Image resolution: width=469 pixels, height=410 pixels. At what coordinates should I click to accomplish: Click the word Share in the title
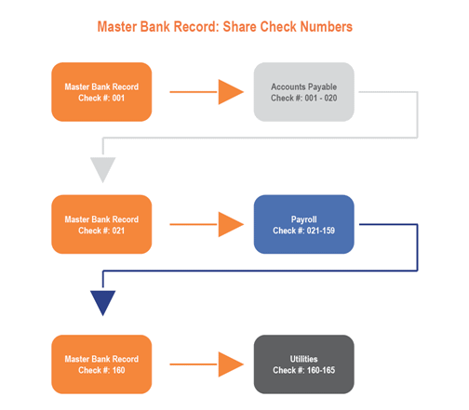point(240,27)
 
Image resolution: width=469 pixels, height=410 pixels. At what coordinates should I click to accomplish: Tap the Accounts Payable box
point(303,92)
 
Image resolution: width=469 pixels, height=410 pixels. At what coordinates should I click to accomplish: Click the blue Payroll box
point(303,224)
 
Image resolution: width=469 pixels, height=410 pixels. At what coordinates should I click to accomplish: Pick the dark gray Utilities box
point(303,364)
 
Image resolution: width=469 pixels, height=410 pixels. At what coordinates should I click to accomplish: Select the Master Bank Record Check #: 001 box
point(101,92)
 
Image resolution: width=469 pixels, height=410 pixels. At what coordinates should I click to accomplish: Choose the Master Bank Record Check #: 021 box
point(101,224)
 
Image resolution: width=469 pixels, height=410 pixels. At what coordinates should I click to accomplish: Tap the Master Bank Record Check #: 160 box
point(101,364)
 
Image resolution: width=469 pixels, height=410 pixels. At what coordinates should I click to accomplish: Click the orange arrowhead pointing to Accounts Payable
point(231,92)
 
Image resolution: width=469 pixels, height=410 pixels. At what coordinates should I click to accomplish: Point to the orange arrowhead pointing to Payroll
point(231,224)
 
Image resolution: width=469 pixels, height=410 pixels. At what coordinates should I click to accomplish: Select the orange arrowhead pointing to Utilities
point(231,364)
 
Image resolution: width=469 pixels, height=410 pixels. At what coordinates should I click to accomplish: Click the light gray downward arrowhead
point(102,170)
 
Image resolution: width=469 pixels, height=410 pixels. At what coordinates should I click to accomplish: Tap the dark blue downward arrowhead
point(102,303)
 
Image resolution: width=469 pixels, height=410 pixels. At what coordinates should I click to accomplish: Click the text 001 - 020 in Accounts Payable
point(321,98)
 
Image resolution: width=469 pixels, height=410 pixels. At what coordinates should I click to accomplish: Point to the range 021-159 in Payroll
point(321,231)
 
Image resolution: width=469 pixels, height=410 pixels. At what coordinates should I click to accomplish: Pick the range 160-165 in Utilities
point(321,370)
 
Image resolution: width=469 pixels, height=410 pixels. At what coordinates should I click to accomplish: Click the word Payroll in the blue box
point(303,219)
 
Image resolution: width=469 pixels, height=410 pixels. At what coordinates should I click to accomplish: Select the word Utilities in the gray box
point(303,359)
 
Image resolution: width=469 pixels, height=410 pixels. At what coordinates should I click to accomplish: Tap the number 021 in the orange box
point(118,231)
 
